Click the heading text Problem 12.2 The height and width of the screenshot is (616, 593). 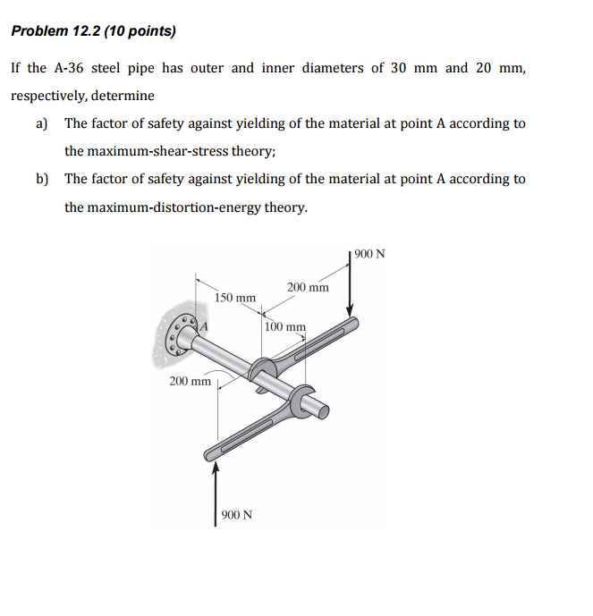(55, 31)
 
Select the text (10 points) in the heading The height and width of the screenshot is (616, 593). (140, 31)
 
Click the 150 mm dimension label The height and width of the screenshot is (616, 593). (236, 297)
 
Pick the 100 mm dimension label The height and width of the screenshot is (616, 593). (285, 327)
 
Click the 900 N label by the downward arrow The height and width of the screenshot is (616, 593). (369, 254)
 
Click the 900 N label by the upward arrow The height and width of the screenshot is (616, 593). (236, 516)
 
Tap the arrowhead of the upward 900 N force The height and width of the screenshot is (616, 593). (215, 468)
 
